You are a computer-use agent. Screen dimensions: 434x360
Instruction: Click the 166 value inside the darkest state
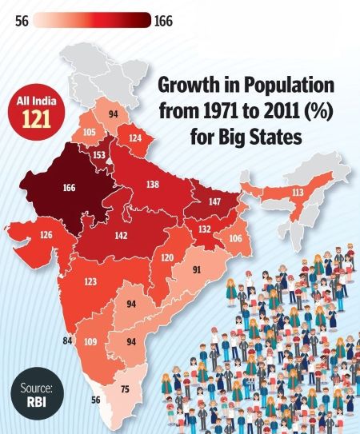(x=69, y=188)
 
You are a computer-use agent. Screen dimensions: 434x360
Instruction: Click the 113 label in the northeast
(x=320, y=192)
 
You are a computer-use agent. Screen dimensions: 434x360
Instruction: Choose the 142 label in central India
(x=122, y=236)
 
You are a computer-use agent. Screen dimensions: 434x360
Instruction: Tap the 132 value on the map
(x=205, y=230)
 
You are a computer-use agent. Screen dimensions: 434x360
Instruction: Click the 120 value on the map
(x=166, y=257)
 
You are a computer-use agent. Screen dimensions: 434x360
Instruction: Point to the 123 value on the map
(x=90, y=281)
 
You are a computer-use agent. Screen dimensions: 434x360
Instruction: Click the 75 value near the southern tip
(x=125, y=389)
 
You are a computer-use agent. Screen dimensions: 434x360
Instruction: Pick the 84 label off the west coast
(x=67, y=341)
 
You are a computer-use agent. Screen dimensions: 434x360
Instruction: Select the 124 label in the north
(x=135, y=138)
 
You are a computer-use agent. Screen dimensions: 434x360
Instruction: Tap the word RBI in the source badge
(x=31, y=403)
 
